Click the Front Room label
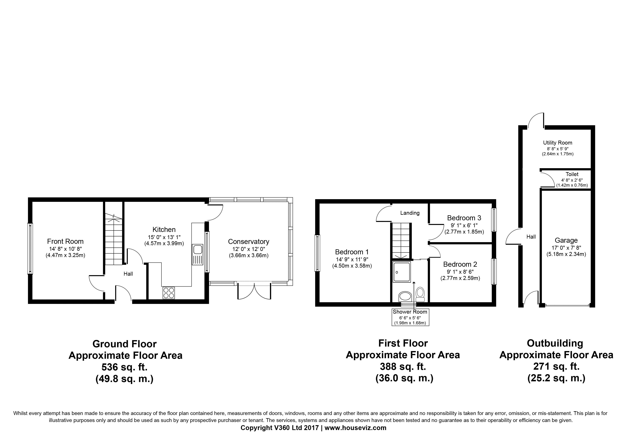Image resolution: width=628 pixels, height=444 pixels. coord(65,241)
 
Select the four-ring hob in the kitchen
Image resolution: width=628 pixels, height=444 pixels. coord(168,293)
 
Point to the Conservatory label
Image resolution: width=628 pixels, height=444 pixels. coord(249,242)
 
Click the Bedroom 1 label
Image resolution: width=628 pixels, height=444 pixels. coord(352,252)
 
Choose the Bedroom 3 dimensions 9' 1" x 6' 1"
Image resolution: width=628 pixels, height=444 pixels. coord(464,225)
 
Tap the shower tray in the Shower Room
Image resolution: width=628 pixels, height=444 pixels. coord(402,272)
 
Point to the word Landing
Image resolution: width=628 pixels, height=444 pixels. coord(410,213)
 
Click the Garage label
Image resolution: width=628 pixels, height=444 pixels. coord(566,240)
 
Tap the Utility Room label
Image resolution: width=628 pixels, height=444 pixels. coord(558,143)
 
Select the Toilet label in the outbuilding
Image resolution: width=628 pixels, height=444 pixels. coord(572,174)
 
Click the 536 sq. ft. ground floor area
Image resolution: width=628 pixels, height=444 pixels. coord(124,367)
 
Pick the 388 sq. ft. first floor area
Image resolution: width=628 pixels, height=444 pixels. coord(403,366)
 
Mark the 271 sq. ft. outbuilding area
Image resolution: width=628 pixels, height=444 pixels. coord(556,366)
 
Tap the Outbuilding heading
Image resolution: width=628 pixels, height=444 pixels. coord(555,343)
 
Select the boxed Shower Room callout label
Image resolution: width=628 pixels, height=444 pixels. coord(410,317)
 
